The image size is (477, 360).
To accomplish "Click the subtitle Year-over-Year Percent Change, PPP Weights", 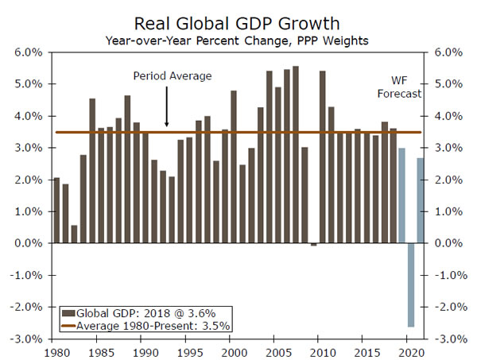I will pyautogui.click(x=238, y=38).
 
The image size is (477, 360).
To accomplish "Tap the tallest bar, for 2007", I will pyautogui.click(x=296, y=155).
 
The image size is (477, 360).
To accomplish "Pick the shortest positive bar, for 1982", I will pyautogui.click(x=74, y=234).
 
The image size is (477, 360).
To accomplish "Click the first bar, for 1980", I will pyautogui.click(x=56, y=211).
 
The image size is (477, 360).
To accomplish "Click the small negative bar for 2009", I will pyautogui.click(x=313, y=245).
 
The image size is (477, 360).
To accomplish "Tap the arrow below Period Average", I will pyautogui.click(x=167, y=107).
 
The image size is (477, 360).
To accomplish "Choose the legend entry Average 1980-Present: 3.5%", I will pyautogui.click(x=135, y=325).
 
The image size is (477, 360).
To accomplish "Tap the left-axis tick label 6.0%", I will pyautogui.click(x=29, y=52).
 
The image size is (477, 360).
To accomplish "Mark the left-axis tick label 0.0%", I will pyautogui.click(x=29, y=243).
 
